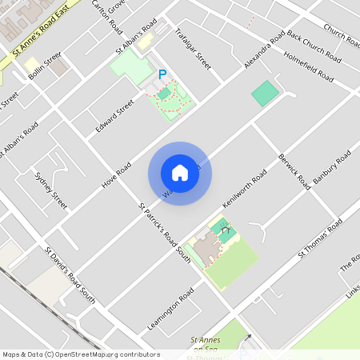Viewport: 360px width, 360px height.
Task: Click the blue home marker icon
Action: [x=180, y=172]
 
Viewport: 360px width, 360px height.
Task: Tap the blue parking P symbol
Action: [x=162, y=74]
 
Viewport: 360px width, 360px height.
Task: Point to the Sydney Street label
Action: [x=50, y=189]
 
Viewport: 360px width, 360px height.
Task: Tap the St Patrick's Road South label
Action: [x=164, y=233]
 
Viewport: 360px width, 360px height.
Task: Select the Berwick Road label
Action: [x=294, y=170]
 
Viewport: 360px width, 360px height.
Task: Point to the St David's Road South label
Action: [x=70, y=275]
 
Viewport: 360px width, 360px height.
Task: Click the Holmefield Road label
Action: [x=309, y=66]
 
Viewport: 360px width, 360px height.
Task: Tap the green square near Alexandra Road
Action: [x=265, y=93]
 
